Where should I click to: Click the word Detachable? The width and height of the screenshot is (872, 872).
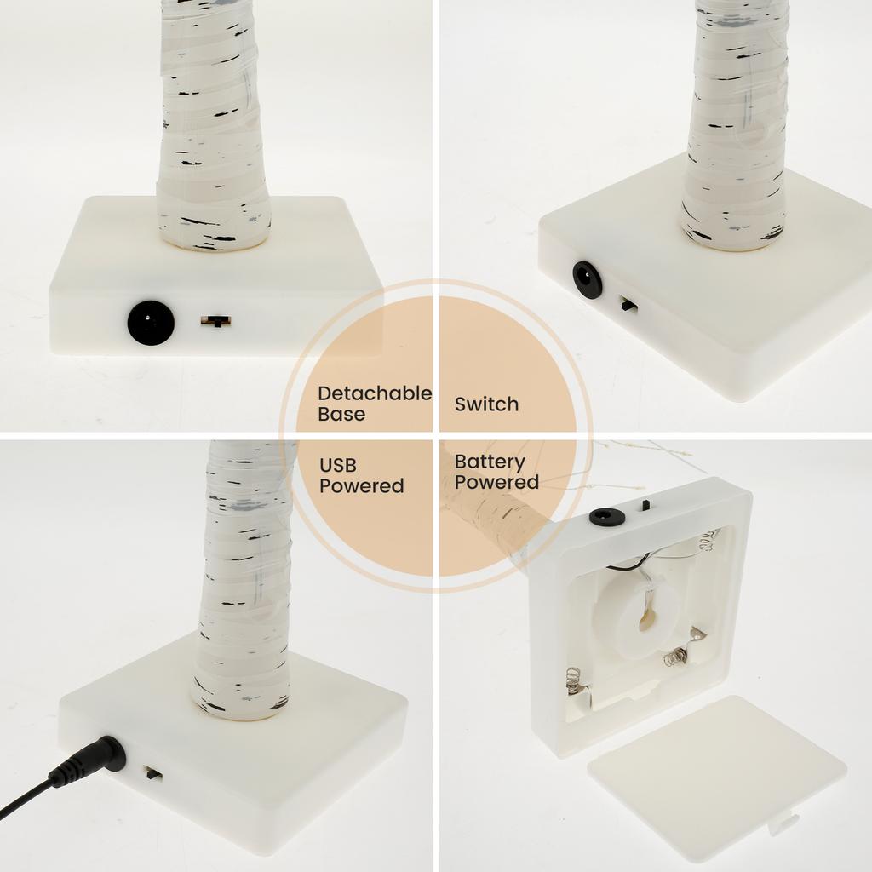coord(375,393)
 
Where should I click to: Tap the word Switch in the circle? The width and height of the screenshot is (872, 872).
coord(486,404)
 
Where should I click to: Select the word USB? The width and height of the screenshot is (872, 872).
coord(338,465)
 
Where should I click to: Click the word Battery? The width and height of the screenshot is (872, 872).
coord(489,462)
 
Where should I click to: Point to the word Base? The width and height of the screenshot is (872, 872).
coord(341,415)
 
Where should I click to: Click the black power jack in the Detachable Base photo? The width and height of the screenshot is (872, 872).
coord(151,323)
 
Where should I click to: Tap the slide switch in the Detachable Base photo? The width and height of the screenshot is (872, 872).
coord(215,321)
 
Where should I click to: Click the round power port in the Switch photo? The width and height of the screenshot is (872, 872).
coord(588,280)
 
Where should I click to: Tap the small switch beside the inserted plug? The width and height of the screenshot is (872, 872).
coord(153,773)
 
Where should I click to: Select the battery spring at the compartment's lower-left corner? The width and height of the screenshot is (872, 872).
coord(575,681)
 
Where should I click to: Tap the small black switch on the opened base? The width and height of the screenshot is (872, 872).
coord(646,504)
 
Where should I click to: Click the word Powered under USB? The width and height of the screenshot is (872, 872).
coord(361,485)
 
